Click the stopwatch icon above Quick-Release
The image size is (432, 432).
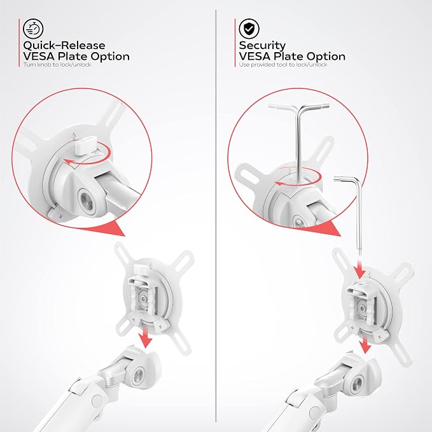(x=33, y=29)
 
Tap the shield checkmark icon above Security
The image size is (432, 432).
(x=249, y=29)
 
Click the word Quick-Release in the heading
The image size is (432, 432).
(x=64, y=45)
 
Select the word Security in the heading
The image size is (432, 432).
(x=262, y=45)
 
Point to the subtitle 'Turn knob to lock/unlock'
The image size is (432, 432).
(x=57, y=64)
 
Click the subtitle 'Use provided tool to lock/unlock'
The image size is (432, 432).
(x=283, y=64)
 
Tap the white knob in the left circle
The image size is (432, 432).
(x=85, y=144)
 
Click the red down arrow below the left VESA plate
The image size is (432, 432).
(x=145, y=336)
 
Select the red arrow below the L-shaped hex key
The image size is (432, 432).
(x=360, y=268)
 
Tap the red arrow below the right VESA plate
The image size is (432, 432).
(x=365, y=344)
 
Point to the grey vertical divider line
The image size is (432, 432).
(x=216, y=216)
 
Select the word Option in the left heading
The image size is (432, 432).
(x=110, y=57)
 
